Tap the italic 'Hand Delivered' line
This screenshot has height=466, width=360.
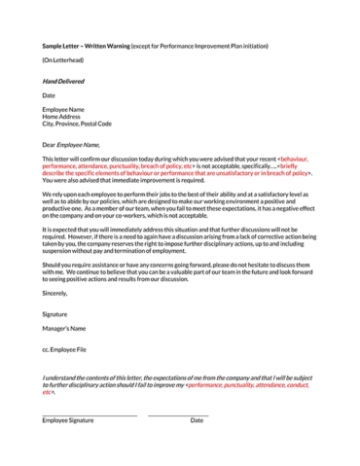coord(62,81)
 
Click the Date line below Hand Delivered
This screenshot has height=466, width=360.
coord(49,95)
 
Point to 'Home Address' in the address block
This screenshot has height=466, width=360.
coord(60,117)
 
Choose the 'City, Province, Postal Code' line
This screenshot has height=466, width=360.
coord(76,124)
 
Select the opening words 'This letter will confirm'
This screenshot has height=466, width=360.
coord(68,159)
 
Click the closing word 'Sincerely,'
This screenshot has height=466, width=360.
coord(55,292)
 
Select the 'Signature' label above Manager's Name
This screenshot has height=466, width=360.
coord(56,314)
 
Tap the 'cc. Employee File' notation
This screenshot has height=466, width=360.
coord(64,348)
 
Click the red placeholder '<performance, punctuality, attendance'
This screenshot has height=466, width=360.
coord(243,384)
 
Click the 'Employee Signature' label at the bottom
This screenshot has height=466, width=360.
coord(67,420)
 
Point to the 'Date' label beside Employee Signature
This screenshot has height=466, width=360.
coord(197,420)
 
